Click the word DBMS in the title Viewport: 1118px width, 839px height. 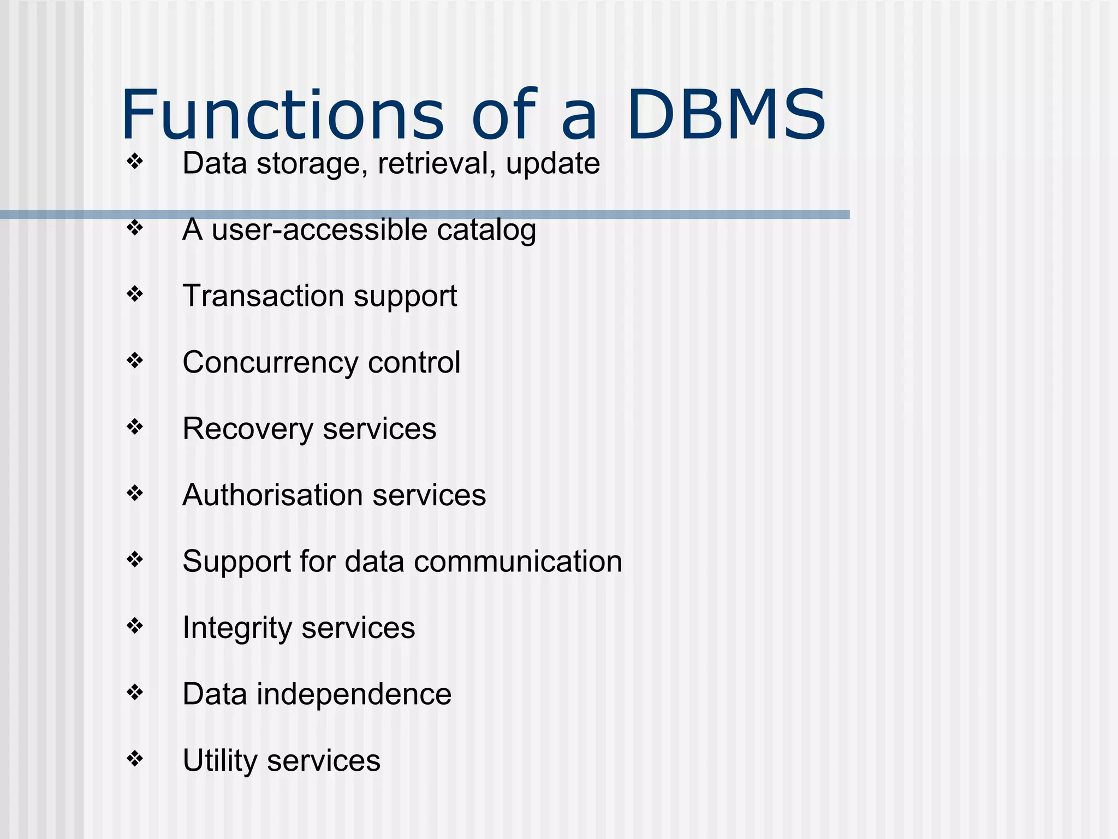point(726,115)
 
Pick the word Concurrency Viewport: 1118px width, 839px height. point(271,363)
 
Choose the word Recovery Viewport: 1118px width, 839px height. point(248,429)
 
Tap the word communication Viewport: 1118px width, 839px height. point(518,562)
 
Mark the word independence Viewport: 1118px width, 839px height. point(354,694)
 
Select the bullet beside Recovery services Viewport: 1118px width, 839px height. point(134,426)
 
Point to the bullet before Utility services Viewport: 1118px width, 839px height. point(134,758)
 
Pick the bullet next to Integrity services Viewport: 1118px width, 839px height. point(134,625)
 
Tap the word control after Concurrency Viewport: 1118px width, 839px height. point(414,363)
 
